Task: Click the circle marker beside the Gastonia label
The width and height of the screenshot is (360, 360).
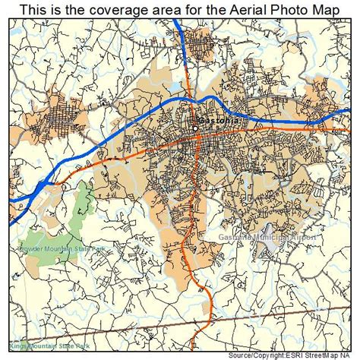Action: pyautogui.click(x=195, y=128)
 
